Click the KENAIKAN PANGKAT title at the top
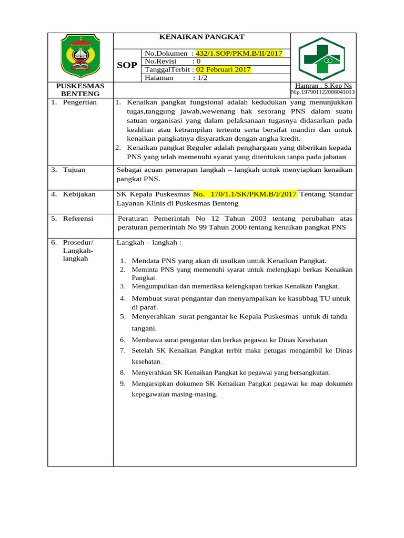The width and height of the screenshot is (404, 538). pos(202,37)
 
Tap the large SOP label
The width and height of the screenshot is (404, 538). pos(126,65)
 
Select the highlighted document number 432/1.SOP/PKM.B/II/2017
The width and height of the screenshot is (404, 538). pos(239,53)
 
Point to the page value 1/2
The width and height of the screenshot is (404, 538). pos(200,78)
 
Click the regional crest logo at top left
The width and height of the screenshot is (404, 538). pos(80,55)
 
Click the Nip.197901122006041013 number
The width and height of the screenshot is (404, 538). pos(323,92)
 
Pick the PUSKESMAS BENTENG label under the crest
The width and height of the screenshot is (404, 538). pos(80,89)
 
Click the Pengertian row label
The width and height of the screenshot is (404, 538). pos(79,102)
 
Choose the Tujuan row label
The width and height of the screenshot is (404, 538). pos(74,170)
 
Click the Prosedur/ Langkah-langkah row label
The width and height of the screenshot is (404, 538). pos(78,250)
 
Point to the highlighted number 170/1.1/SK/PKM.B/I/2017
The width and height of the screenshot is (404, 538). pos(245,194)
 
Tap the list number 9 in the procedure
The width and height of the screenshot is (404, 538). pos(122,384)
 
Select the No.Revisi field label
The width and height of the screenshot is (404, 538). pos(161,61)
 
